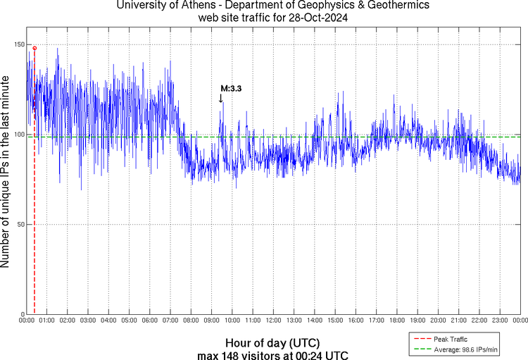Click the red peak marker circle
click(34, 48)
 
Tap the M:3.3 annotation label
click(231, 89)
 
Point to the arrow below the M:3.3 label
click(221, 99)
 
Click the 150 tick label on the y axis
click(17, 44)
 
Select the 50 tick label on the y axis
click(19, 225)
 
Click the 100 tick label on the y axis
click(17, 135)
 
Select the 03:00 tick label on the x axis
click(87, 321)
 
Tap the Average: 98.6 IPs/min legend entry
click(465, 349)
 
